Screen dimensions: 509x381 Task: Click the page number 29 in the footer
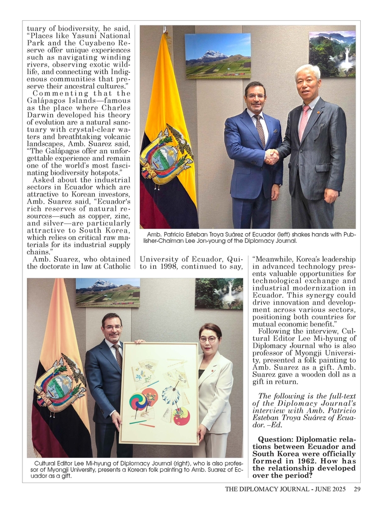pyautogui.click(x=357, y=489)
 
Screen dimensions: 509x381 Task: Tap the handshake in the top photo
pyautogui.click(x=272, y=156)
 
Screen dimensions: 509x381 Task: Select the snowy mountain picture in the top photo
pyautogui.click(x=217, y=55)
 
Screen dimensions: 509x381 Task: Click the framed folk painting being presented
pyautogui.click(x=158, y=393)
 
